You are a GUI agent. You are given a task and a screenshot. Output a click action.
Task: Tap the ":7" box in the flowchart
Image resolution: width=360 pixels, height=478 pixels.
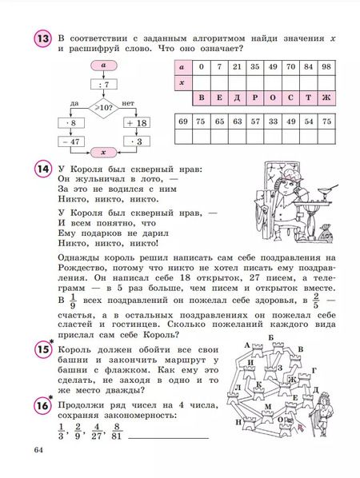pyautogui.click(x=103, y=83)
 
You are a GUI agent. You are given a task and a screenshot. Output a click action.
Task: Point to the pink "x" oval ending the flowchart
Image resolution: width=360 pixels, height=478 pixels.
pyautogui.click(x=103, y=151)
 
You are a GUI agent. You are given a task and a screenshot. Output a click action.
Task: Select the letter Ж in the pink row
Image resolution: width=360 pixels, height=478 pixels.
pyautogui.click(x=325, y=100)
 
